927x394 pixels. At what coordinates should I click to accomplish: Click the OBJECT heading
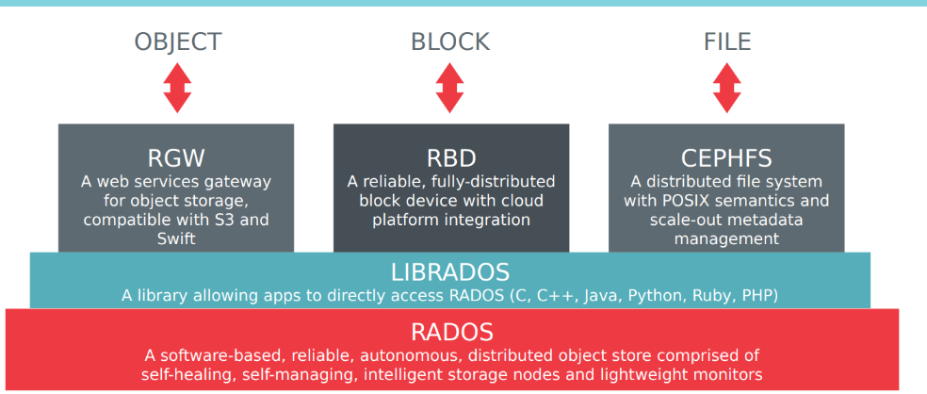tap(178, 41)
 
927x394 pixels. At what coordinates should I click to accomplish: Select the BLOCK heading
tap(450, 41)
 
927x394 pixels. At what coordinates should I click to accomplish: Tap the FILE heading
tap(726, 41)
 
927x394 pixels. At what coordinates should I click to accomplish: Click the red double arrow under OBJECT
tap(178, 88)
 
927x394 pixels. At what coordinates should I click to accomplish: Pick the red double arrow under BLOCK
tap(450, 88)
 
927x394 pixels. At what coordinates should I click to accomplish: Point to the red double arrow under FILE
tap(726, 88)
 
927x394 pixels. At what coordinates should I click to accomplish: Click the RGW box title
tap(176, 157)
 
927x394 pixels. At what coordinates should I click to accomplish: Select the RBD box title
tap(450, 157)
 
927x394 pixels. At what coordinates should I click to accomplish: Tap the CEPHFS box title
tap(726, 157)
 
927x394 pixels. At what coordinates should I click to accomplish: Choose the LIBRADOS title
tap(450, 273)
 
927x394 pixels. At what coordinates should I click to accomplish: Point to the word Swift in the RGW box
tap(176, 239)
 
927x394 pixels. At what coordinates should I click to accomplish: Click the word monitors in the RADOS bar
tap(725, 375)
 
